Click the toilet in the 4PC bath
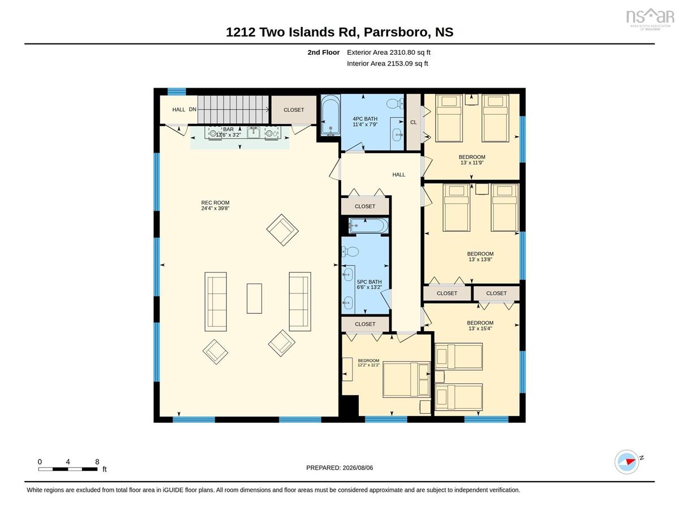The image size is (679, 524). (395, 103)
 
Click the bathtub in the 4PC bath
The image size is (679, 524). (330, 115)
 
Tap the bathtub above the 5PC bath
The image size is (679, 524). (368, 226)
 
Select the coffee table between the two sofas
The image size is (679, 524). (254, 298)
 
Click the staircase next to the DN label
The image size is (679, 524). (233, 110)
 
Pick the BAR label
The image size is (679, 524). (228, 129)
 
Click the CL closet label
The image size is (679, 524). (413, 122)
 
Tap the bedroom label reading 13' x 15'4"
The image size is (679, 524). (480, 326)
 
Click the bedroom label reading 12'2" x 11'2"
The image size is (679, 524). (368, 363)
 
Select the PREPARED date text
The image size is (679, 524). (339, 467)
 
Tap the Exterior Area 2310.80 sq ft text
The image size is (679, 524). (388, 53)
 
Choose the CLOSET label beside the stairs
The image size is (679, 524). (294, 110)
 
